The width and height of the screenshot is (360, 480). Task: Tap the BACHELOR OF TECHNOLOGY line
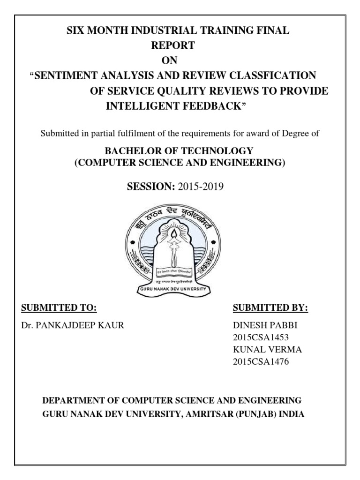pyautogui.click(x=178, y=151)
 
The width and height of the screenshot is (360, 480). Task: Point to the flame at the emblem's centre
pyautogui.click(x=176, y=232)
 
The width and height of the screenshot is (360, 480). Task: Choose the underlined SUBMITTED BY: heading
pyautogui.click(x=270, y=308)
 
